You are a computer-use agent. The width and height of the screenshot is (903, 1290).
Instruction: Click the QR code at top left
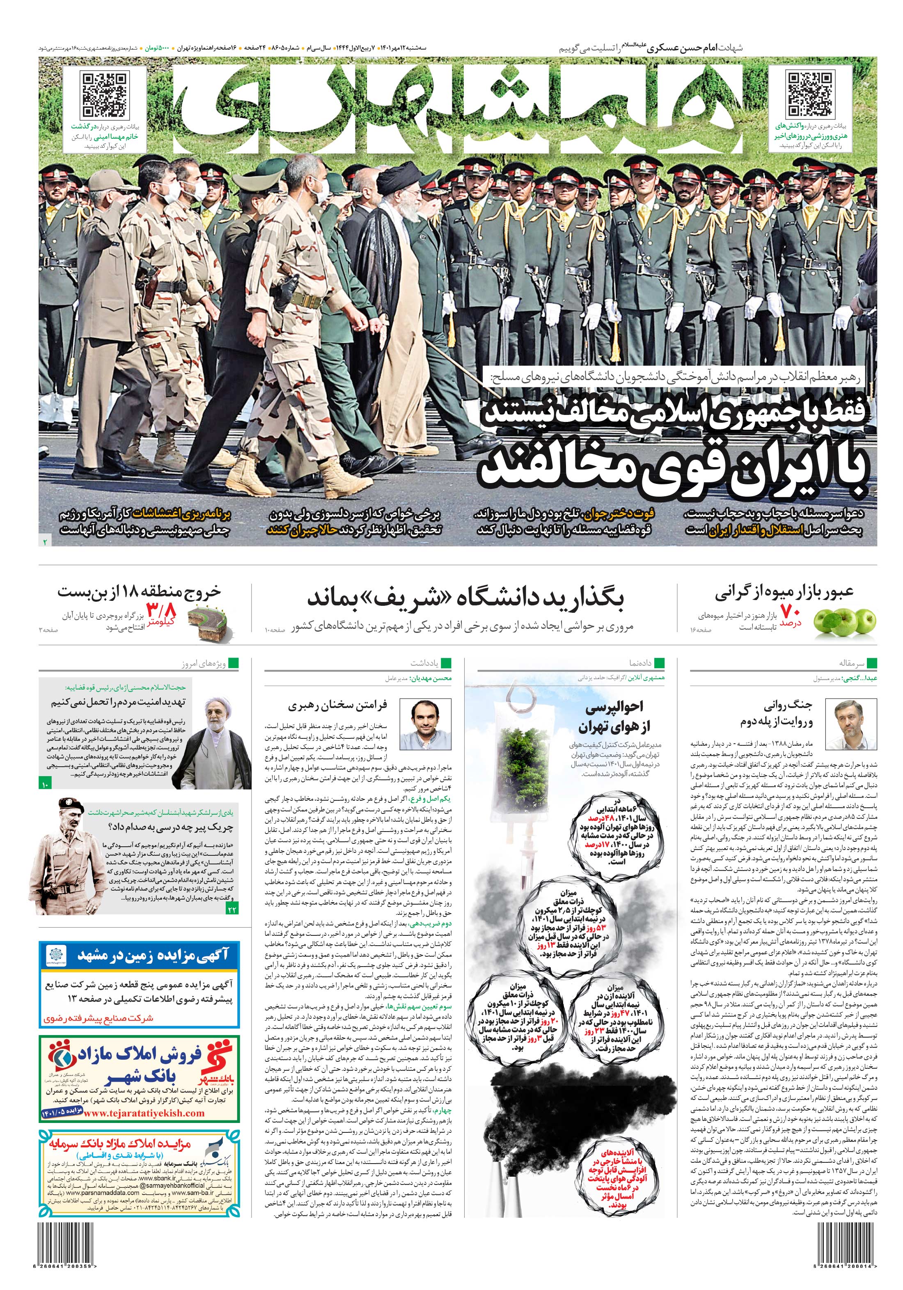pos(105,94)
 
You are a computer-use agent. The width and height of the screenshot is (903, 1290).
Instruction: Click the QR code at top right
pos(809,94)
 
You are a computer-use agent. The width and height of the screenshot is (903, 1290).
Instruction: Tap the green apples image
pos(842,621)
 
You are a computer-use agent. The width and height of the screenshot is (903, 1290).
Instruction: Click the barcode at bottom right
pos(843,1246)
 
